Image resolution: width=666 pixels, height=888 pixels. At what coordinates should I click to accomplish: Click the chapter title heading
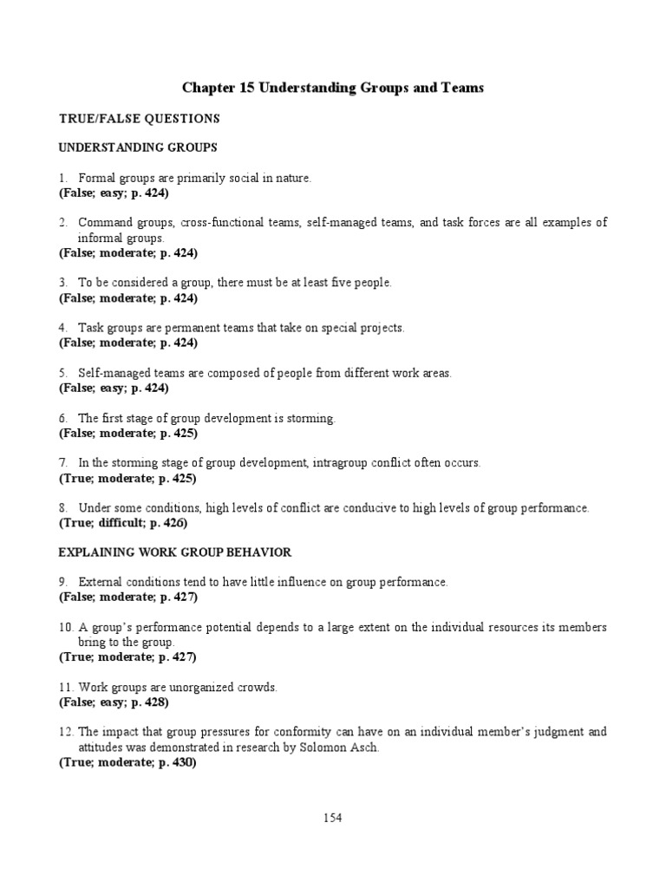tap(333, 88)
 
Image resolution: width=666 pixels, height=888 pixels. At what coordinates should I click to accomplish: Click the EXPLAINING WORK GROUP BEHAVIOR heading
tap(174, 552)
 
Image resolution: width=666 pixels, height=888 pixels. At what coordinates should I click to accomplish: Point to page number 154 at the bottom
tap(333, 816)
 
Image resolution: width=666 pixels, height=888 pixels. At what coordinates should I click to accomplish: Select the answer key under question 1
tap(114, 193)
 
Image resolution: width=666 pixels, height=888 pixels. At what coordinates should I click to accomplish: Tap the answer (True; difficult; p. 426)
tap(122, 523)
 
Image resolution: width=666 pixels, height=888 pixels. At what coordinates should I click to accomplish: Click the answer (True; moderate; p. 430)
tap(127, 762)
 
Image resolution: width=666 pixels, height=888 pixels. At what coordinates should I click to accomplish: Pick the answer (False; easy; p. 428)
tap(114, 702)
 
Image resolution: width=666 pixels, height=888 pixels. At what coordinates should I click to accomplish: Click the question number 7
tap(63, 463)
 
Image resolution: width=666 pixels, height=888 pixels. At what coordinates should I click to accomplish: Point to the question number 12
tap(66, 732)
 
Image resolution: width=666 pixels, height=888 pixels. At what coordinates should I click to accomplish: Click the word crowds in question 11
tap(259, 687)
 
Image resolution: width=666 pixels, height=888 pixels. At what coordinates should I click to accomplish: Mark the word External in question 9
tap(98, 582)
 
